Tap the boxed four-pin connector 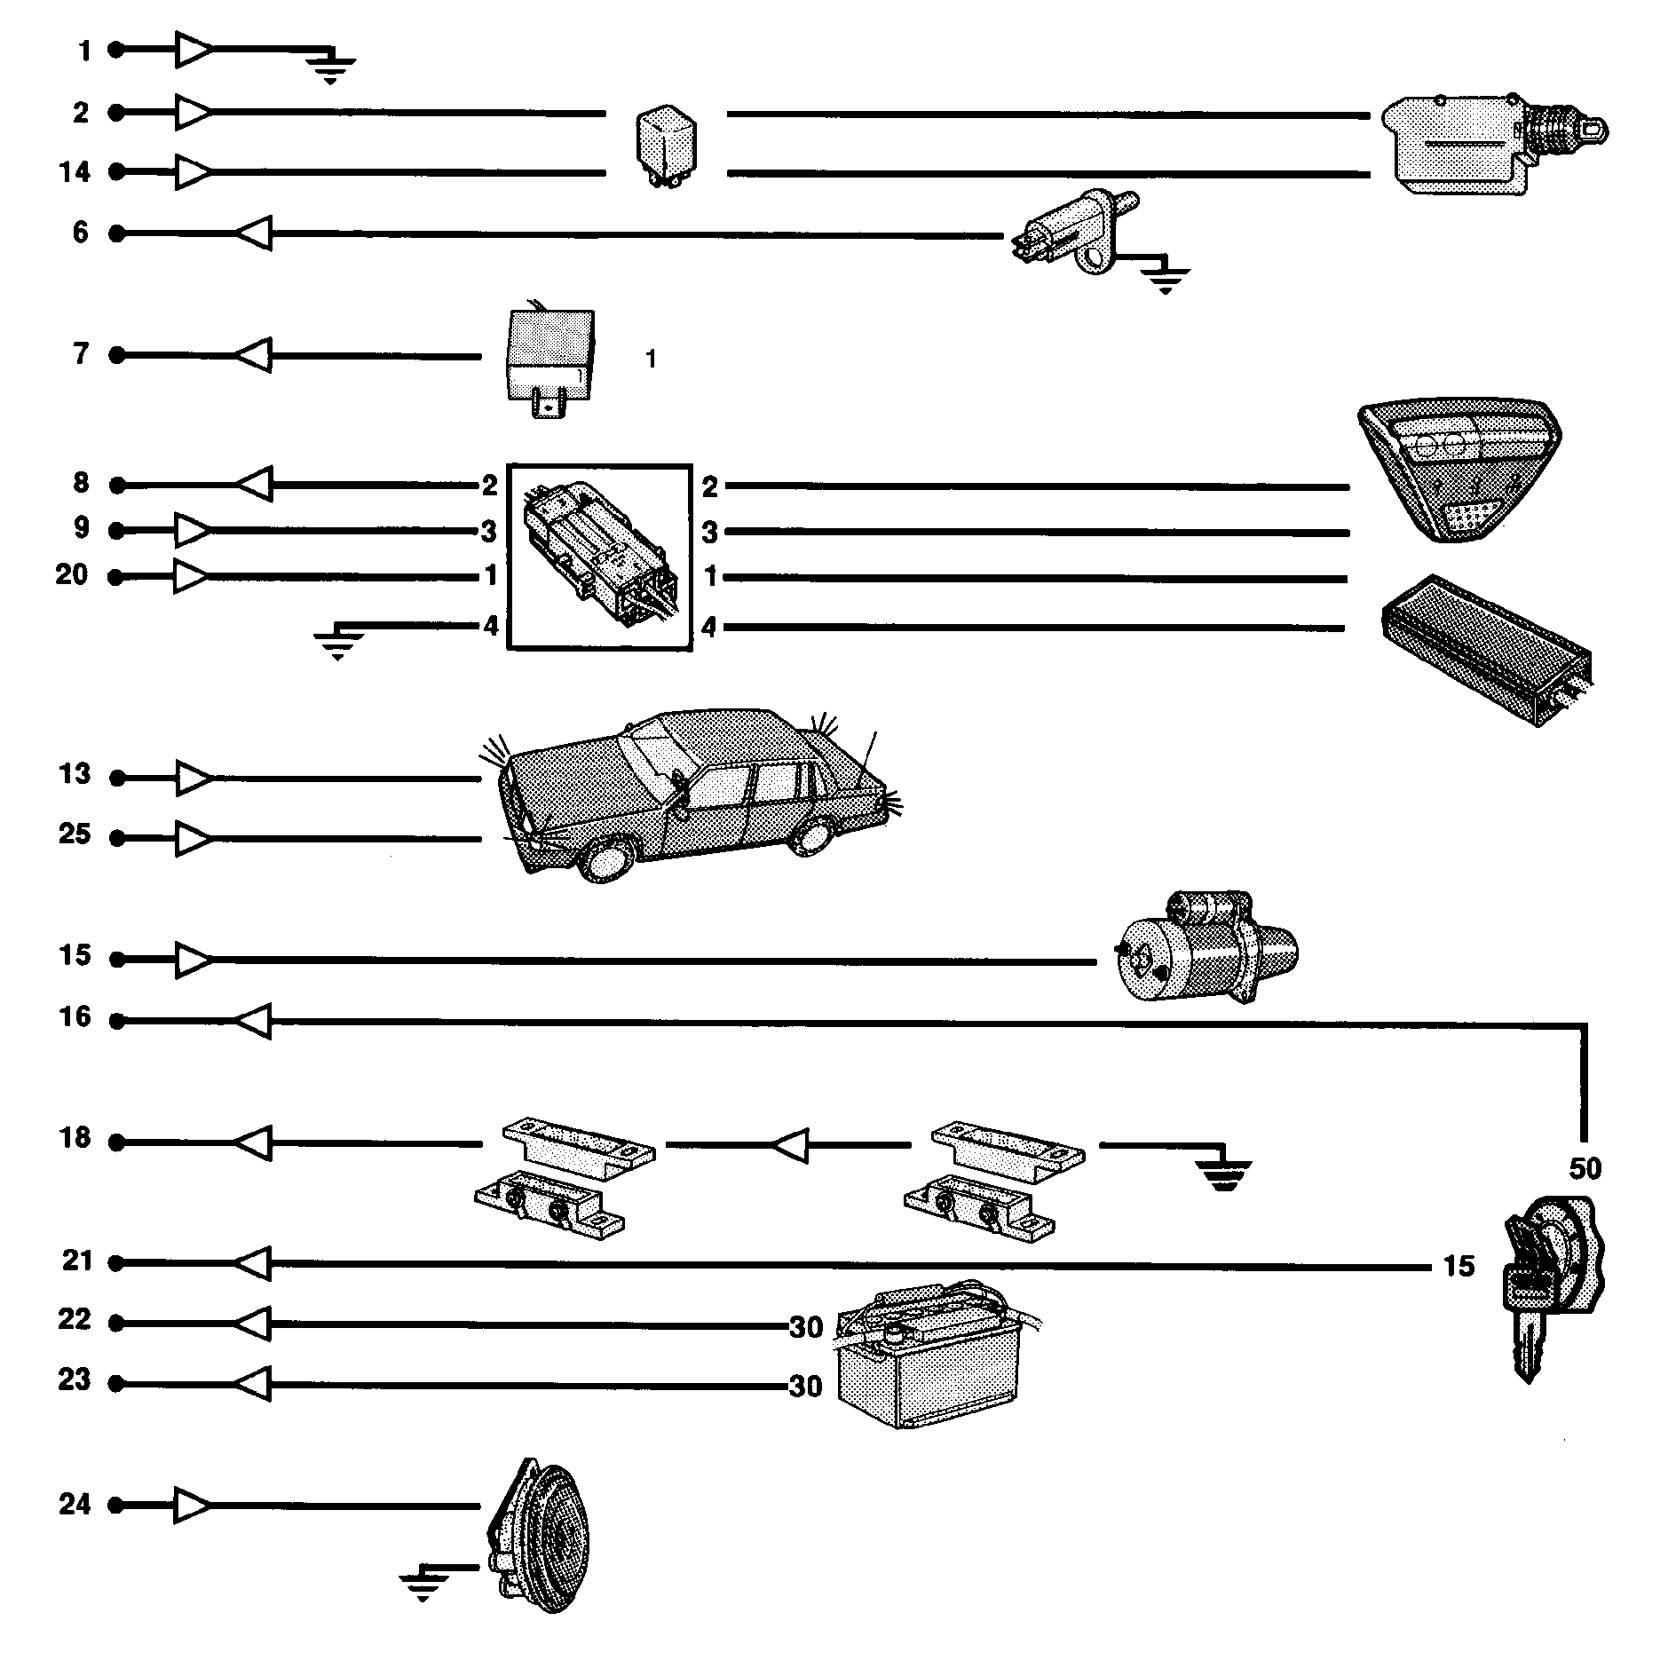point(599,557)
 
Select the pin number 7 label point(81,354)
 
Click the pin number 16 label point(75,1017)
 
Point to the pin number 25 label point(75,834)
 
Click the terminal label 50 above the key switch point(1585,1168)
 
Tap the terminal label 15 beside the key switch point(1459,1266)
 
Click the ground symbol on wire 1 point(330,67)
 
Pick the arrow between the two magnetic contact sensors point(790,1145)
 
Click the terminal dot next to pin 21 point(116,1262)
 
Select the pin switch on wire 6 point(1074,233)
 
